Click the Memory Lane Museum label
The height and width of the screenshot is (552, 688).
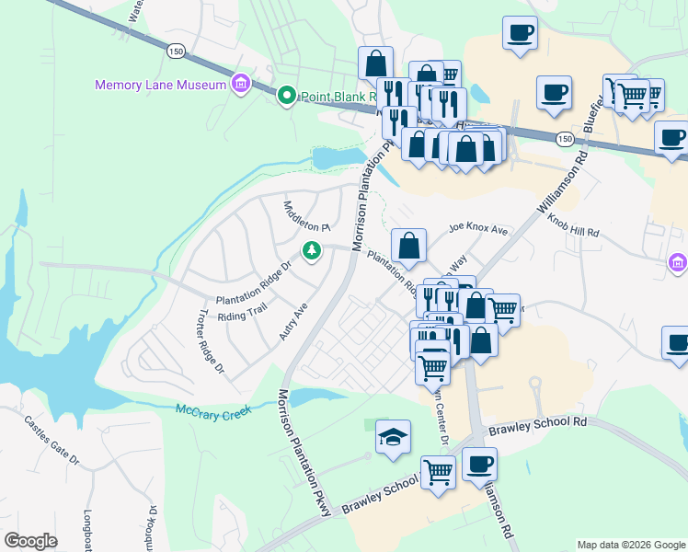pos(161,86)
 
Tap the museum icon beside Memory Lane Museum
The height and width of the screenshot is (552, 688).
pos(240,86)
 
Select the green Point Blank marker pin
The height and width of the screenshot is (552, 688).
pos(286,95)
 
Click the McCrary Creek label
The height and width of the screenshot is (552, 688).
pos(212,410)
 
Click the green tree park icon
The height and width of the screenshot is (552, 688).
pos(313,250)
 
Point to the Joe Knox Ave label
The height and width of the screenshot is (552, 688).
pos(478,228)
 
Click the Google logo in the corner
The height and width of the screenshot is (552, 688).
pos(30,541)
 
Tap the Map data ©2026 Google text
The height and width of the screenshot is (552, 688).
pos(630,545)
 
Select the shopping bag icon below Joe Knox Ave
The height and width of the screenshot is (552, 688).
pos(408,246)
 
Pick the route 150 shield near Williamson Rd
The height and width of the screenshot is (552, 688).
pos(565,138)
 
